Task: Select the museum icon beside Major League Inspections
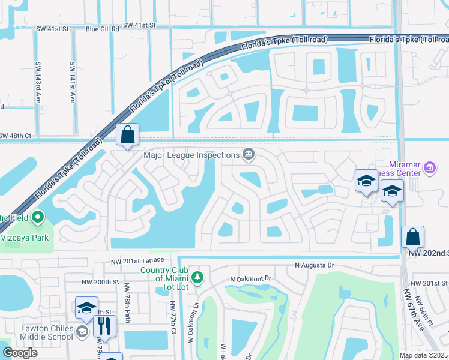point(247,155)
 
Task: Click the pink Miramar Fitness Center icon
point(429,168)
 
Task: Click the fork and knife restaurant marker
point(105,326)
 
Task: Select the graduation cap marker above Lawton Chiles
point(86,308)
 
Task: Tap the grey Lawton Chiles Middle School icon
point(82,331)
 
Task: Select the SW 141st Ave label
point(72,83)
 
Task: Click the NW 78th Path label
point(128,307)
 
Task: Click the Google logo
point(20,352)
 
